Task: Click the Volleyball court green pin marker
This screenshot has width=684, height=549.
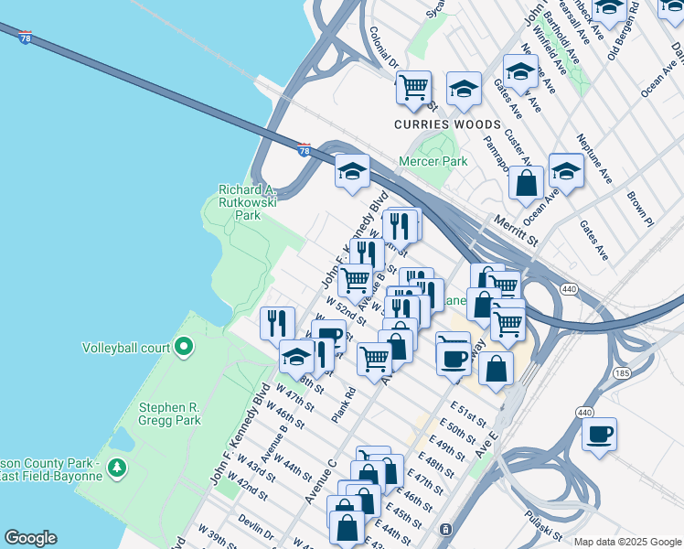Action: point(184,347)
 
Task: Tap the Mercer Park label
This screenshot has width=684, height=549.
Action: point(433,162)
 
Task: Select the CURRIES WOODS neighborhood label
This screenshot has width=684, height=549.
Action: point(447,124)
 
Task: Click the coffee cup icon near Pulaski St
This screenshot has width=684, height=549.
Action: point(599,434)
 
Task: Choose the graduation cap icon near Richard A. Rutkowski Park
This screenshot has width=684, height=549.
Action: point(352,171)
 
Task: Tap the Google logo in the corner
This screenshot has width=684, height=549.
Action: point(30,538)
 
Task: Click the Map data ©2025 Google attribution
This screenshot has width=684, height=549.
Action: point(626,542)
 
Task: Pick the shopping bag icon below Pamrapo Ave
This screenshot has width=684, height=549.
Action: point(526,182)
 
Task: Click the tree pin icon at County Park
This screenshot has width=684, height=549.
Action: point(116,468)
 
